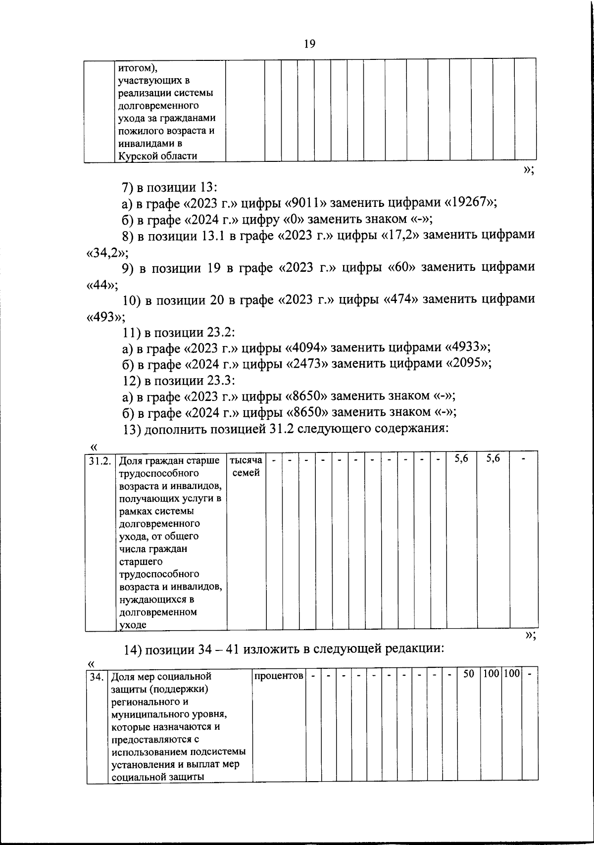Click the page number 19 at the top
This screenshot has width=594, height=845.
309,44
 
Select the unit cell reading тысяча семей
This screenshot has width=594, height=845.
246,466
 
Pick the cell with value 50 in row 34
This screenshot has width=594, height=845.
468,674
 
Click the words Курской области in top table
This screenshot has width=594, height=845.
157,156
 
